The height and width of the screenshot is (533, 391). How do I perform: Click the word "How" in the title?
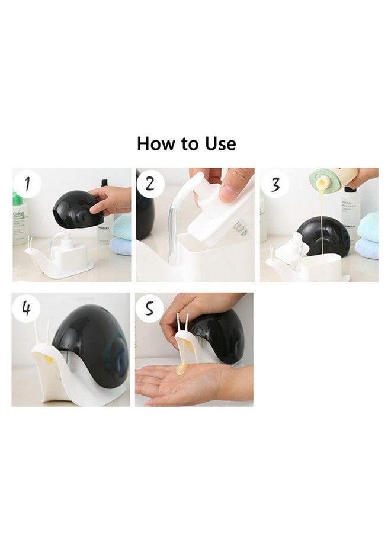tap(155, 144)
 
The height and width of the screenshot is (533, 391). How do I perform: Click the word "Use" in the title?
tap(220, 144)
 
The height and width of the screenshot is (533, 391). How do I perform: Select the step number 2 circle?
tap(150, 184)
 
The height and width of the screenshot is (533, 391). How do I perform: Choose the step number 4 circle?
tap(27, 309)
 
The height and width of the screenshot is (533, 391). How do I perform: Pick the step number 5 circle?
tap(150, 309)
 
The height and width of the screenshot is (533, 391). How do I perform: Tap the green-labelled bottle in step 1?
tap(19, 219)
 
